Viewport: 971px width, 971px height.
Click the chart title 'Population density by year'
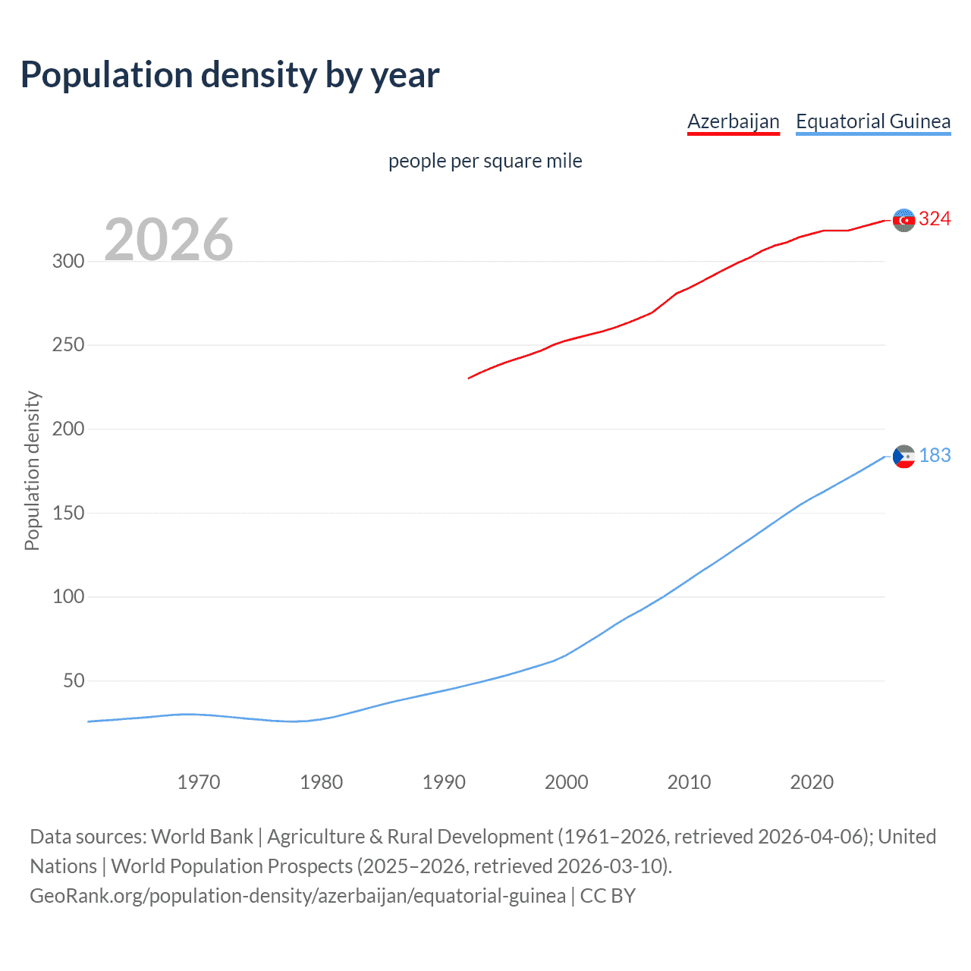[x=230, y=75]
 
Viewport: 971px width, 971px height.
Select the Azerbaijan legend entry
[x=733, y=121]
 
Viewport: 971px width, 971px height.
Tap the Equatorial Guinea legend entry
[x=872, y=121]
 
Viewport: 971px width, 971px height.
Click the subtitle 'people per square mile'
[x=485, y=161]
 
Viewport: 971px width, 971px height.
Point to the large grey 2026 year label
[x=168, y=240]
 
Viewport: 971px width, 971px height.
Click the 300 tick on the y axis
[x=68, y=262]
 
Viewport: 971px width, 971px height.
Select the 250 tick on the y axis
[x=68, y=345]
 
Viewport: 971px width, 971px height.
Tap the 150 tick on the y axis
[x=68, y=513]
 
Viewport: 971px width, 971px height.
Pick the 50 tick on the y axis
[x=74, y=680]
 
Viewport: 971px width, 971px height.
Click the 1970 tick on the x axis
[x=199, y=782]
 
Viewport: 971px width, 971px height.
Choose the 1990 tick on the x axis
[x=444, y=782]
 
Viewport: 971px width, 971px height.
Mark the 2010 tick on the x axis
[x=689, y=782]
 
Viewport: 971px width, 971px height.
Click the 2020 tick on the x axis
[x=812, y=782]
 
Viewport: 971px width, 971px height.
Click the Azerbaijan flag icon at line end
[x=903, y=220]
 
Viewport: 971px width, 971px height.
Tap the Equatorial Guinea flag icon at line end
[x=903, y=456]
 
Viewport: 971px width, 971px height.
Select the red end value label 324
[x=935, y=219]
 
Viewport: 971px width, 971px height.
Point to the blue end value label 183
[x=935, y=455]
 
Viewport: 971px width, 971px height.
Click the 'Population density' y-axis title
[x=32, y=470]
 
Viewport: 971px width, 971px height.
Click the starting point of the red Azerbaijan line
[x=469, y=378]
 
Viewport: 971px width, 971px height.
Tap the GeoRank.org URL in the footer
[x=297, y=896]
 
